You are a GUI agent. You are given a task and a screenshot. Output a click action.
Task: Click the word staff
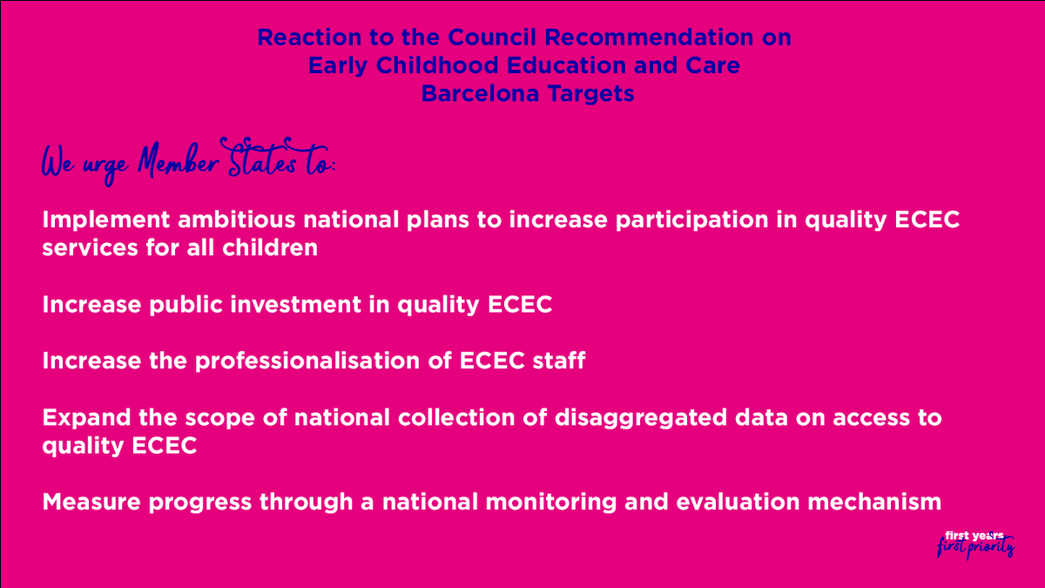click(557, 361)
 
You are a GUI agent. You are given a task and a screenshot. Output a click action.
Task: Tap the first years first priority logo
click(974, 544)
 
